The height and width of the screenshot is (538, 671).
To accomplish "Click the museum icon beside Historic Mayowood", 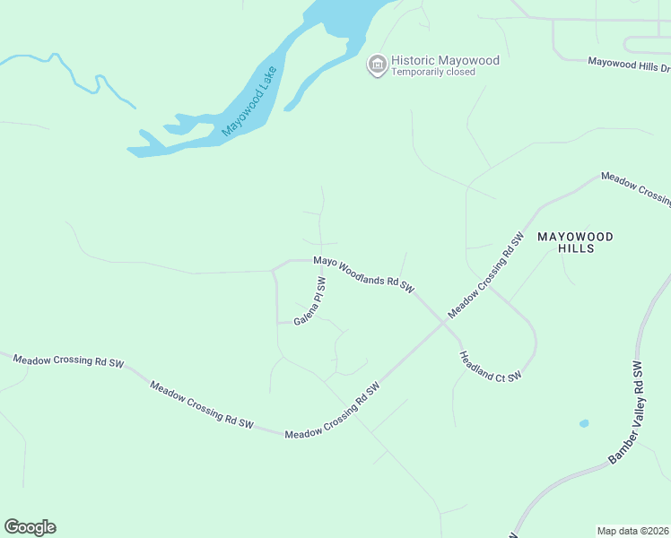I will point(378,65).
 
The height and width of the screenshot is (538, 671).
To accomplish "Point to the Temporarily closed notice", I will point(431,73).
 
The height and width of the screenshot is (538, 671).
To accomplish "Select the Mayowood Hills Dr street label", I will point(629,64).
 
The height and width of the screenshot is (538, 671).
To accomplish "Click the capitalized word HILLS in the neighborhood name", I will point(575,248).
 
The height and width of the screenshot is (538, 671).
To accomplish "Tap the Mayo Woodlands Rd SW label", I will point(363,274).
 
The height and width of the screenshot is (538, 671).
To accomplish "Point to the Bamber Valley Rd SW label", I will point(627,412).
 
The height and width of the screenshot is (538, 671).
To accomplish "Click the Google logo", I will point(30,527).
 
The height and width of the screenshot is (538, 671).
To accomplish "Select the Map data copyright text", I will point(633,531).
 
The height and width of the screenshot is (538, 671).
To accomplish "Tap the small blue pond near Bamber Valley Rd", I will point(584,423).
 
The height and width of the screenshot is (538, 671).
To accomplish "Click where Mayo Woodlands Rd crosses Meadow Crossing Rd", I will point(443,322).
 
